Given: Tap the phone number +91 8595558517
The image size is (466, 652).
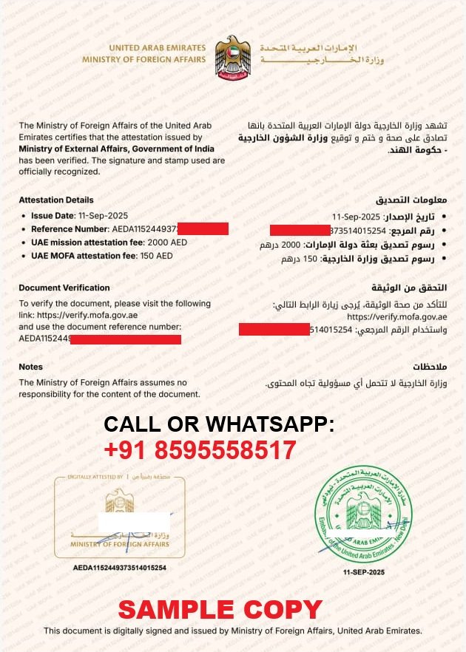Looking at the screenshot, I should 200,450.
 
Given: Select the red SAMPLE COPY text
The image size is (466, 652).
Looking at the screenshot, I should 220,610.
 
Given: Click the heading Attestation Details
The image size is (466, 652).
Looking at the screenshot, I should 56,200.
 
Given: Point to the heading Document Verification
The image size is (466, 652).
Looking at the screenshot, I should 64,288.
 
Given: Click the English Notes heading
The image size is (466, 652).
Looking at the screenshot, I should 31,367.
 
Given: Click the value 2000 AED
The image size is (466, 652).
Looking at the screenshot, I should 168,242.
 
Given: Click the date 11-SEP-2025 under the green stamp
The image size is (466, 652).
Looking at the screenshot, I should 364,573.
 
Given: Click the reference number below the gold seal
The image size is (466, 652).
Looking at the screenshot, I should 119,568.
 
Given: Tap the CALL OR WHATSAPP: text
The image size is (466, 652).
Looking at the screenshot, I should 219,424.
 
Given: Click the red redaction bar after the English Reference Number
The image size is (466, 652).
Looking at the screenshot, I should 203,228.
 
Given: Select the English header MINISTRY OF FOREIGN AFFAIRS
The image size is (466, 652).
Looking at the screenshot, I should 144,58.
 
